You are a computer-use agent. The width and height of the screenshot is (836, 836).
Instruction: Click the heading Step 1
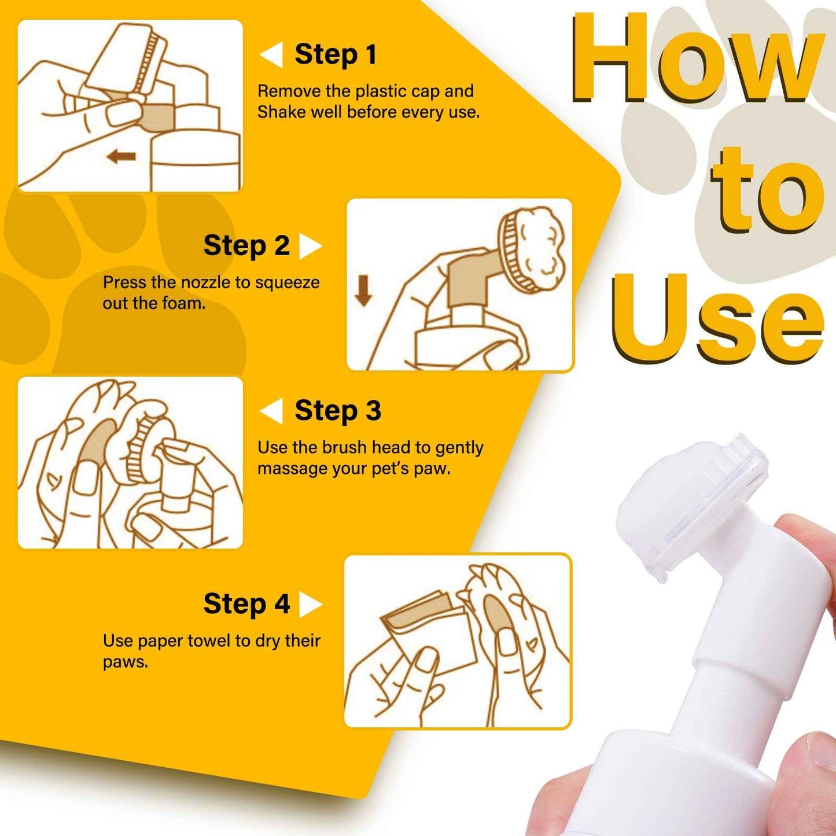[336, 54]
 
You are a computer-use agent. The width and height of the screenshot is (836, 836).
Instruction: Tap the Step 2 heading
[246, 245]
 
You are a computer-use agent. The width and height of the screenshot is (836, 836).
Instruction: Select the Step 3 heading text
[337, 410]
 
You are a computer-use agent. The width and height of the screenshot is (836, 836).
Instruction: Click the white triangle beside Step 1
[272, 54]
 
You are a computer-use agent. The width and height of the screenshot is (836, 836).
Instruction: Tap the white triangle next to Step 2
[310, 246]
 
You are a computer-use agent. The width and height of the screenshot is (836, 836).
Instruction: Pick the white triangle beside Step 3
[272, 411]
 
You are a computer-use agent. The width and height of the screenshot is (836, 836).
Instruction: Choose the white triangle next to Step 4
[310, 605]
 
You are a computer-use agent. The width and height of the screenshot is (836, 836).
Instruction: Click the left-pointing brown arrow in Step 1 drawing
[121, 157]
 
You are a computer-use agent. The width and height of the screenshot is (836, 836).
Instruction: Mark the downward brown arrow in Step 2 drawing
[363, 290]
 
